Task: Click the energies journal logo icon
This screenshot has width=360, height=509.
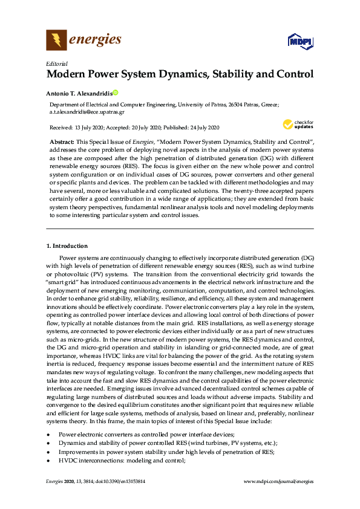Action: point(56,41)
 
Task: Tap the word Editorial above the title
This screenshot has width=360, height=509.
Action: point(56,63)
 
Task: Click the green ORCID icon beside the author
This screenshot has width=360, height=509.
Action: point(115,93)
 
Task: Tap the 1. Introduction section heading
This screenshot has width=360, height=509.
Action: point(67,246)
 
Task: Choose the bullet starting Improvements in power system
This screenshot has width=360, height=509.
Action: point(166,452)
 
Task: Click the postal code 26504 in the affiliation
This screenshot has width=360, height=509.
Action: point(237,105)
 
